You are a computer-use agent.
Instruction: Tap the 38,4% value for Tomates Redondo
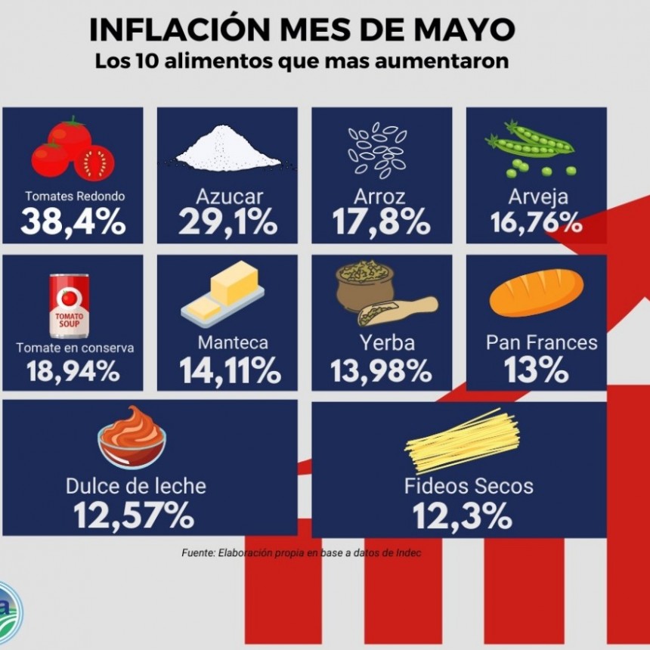pyautogui.click(x=73, y=222)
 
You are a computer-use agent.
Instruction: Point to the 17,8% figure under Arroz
pyautogui.click(x=382, y=222)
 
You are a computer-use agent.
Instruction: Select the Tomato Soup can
pyautogui.click(x=70, y=305)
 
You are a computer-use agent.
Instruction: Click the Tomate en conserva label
pyautogui.click(x=75, y=348)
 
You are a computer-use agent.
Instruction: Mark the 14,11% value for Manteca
pyautogui.click(x=230, y=371)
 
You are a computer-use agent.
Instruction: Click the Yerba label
pyautogui.click(x=386, y=343)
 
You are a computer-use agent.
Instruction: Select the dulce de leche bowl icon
pyautogui.click(x=132, y=438)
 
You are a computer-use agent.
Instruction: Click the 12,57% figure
pyautogui.click(x=134, y=516)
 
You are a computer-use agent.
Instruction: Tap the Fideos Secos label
pyautogui.click(x=469, y=486)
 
